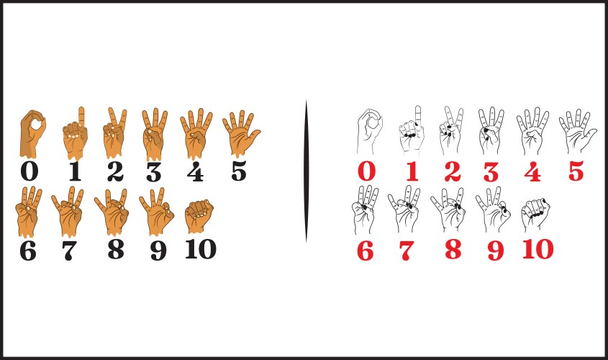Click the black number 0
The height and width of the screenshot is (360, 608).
coord(30,171)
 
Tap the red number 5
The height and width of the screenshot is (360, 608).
coord(576,171)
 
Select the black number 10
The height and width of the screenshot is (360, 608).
coord(201,249)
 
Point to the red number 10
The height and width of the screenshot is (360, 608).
coord(537,249)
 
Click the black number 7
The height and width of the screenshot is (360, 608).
coord(69,251)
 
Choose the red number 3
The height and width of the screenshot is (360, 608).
coord(491,172)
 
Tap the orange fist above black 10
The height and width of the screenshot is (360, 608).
coord(199,216)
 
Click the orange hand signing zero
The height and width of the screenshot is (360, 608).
coord(32,134)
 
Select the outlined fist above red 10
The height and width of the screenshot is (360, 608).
coord(536,215)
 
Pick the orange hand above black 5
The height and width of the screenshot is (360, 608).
coord(240,133)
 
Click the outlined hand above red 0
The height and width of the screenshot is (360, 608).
coord(370,132)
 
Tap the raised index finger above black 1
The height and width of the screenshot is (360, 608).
coord(81,116)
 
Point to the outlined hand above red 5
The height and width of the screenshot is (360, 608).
coord(577,131)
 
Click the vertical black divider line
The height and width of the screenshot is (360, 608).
coord(307,171)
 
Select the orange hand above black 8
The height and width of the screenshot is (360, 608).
coord(112,212)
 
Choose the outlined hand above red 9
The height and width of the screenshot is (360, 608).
coord(493,210)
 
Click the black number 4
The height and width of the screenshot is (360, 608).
coord(195,172)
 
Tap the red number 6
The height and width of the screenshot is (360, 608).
coord(366,251)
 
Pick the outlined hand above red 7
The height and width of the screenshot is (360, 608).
coord(404,209)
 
